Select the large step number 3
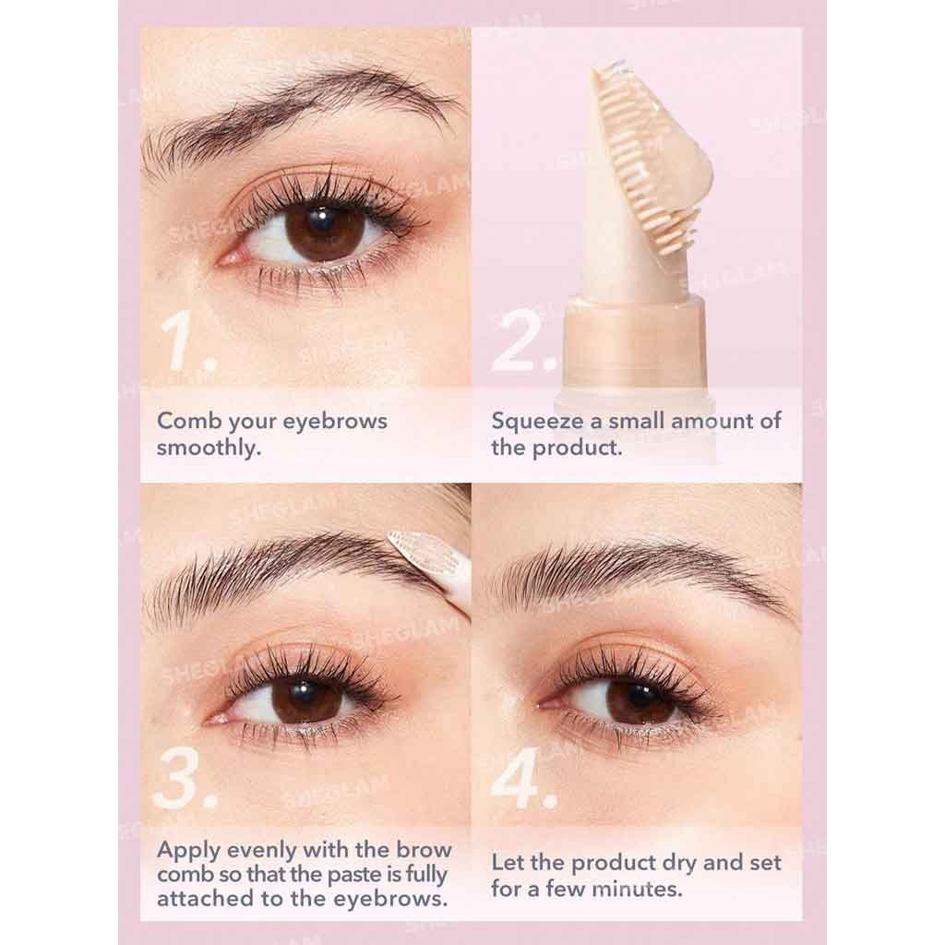click(184, 778)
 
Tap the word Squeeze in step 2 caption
click(538, 422)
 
